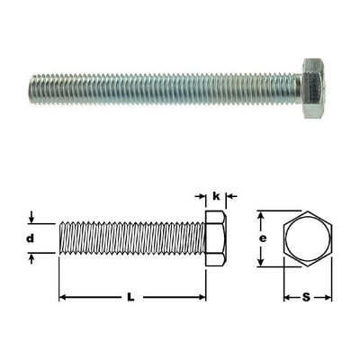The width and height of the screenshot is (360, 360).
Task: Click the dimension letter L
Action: [x=130, y=297]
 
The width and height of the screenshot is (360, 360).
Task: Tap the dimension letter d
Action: [x=31, y=238]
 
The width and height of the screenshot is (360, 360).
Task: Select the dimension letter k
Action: [x=216, y=196]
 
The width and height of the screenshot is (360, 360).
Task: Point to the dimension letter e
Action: [x=263, y=238]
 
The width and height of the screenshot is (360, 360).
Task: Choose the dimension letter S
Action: [x=306, y=297]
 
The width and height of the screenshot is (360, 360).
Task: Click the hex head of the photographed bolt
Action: [x=313, y=88]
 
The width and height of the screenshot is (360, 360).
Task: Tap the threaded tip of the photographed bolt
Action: [x=33, y=89]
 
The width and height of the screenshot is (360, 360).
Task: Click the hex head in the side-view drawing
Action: [x=216, y=238]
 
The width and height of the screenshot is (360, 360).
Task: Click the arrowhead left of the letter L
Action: [x=62, y=297]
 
